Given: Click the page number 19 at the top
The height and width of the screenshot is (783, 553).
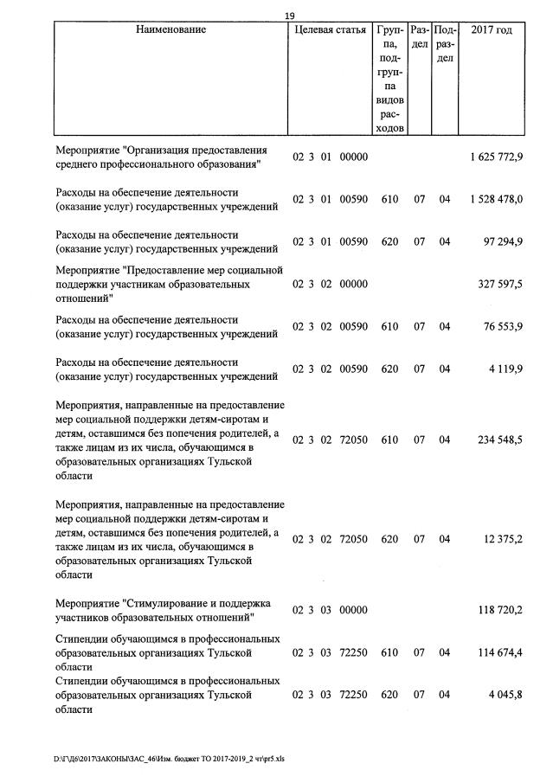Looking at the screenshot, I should coord(290,16).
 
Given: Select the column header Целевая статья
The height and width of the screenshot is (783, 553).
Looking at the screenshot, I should coord(330,30).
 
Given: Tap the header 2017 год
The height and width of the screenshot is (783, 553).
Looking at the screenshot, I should coord(491,30).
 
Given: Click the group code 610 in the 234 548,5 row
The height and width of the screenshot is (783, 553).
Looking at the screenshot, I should coord(389,440).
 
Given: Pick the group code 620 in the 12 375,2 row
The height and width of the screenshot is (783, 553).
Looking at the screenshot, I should coord(389,539).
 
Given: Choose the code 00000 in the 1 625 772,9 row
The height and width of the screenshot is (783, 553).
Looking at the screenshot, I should coord(354,157).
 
